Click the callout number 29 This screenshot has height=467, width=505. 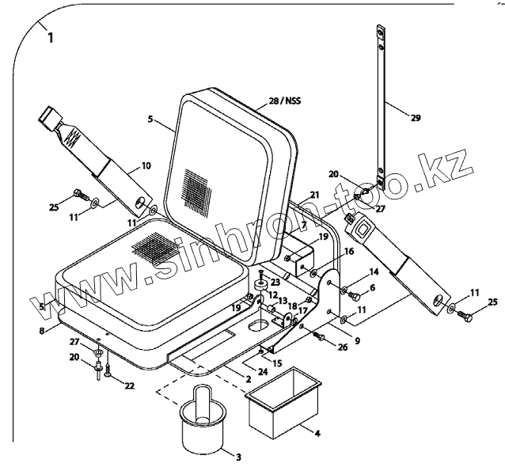pos(416,118)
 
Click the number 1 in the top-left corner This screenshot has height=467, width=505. pos(51,37)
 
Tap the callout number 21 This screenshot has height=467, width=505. pos(314,195)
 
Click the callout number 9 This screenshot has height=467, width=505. pos(356,341)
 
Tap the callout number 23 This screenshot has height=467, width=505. pos(275,282)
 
